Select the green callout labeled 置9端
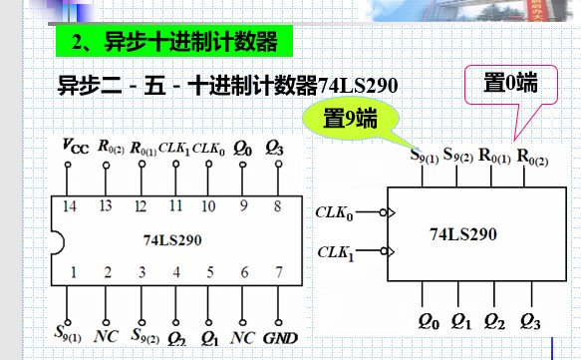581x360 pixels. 350,118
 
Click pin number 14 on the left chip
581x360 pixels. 69,205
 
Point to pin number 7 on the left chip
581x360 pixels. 279,271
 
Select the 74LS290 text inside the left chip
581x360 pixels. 173,239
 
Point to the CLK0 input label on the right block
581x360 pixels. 334,211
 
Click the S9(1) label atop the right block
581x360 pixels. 426,155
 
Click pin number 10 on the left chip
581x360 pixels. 208,205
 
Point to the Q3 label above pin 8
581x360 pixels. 278,148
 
